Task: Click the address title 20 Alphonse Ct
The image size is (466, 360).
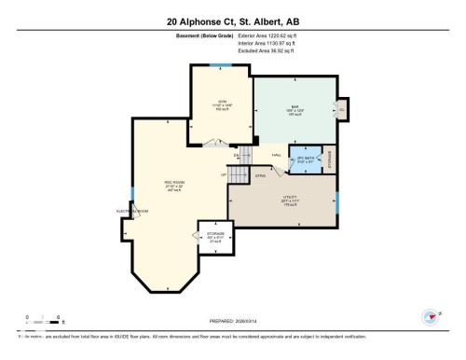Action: tap(233, 21)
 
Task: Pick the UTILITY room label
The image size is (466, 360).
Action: tap(290, 198)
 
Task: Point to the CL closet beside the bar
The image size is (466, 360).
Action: tap(342, 109)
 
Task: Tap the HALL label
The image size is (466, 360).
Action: tap(276, 155)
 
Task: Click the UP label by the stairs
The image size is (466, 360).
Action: tap(223, 174)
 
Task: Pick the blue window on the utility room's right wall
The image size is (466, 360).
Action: tap(336, 198)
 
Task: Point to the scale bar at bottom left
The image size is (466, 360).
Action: tap(44, 322)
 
